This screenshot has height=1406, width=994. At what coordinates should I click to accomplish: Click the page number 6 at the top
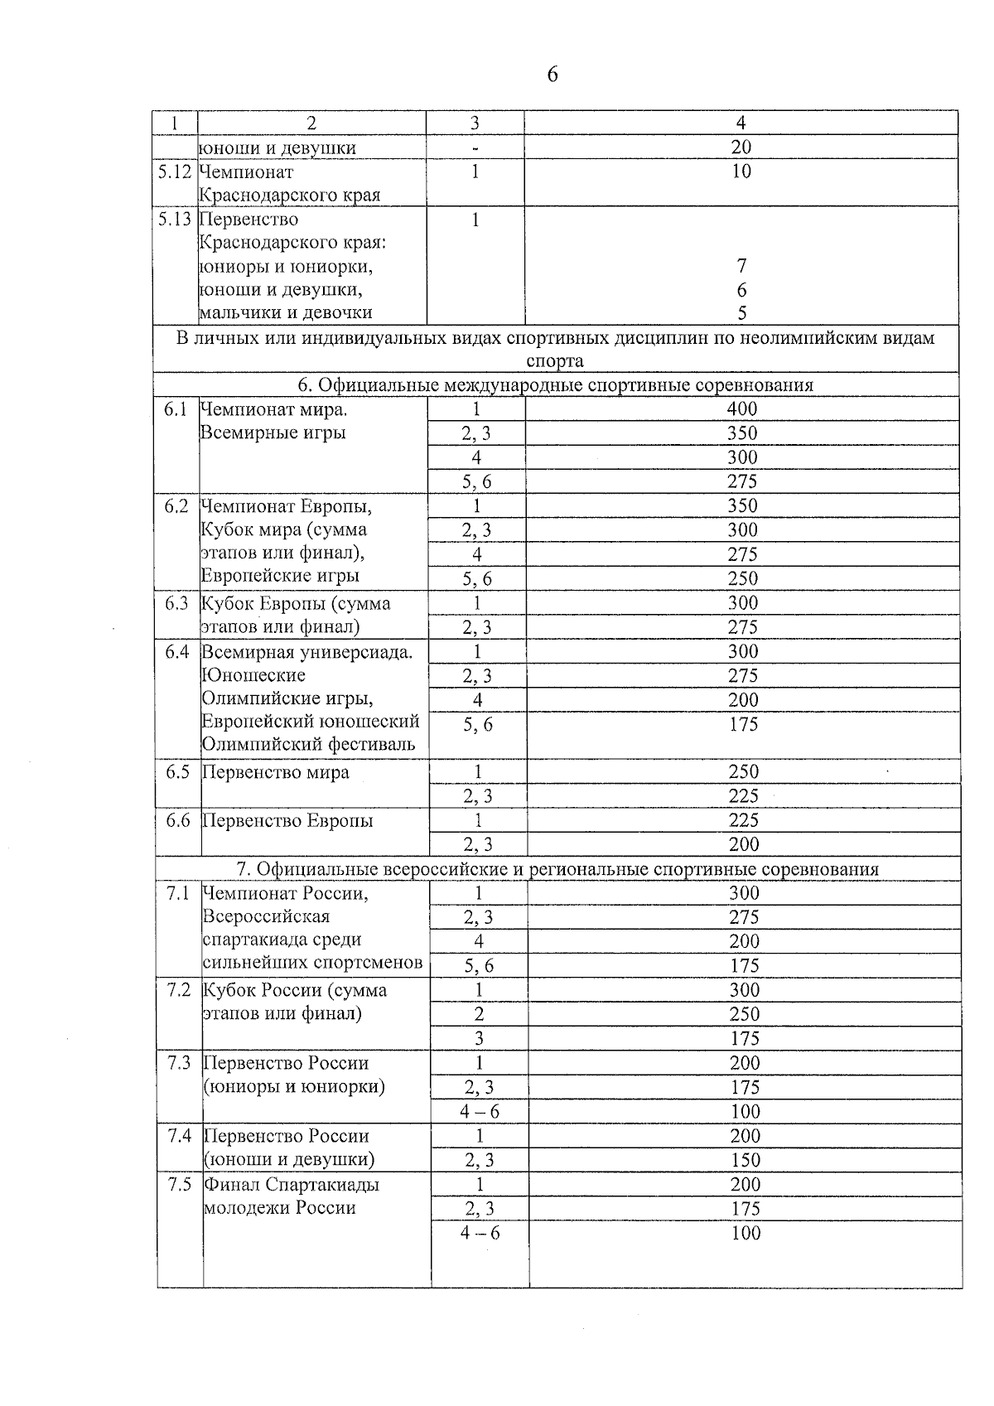coord(552,75)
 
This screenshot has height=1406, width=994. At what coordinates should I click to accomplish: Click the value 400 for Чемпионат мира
coord(742,408)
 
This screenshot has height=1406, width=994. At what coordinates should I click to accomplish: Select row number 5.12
coord(175,172)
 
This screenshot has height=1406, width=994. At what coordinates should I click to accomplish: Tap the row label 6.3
coord(176,603)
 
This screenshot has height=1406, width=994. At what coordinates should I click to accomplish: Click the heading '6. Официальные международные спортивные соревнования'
coord(555,385)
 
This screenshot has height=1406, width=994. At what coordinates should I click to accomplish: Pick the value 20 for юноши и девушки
coord(741,147)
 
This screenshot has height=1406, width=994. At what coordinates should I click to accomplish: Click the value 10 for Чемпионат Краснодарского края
coord(741,172)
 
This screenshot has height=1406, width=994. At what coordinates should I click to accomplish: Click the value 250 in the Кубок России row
coord(745,1014)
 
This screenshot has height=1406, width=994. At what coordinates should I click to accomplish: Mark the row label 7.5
coord(180,1185)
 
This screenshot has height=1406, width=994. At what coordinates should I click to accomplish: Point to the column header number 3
coord(475,123)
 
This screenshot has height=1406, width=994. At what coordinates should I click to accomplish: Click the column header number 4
coord(741,123)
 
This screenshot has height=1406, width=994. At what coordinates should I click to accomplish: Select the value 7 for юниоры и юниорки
coord(741,266)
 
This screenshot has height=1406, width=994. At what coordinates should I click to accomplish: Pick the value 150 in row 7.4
coord(745,1160)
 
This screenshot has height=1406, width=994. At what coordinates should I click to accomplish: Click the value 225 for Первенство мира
coord(744,796)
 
